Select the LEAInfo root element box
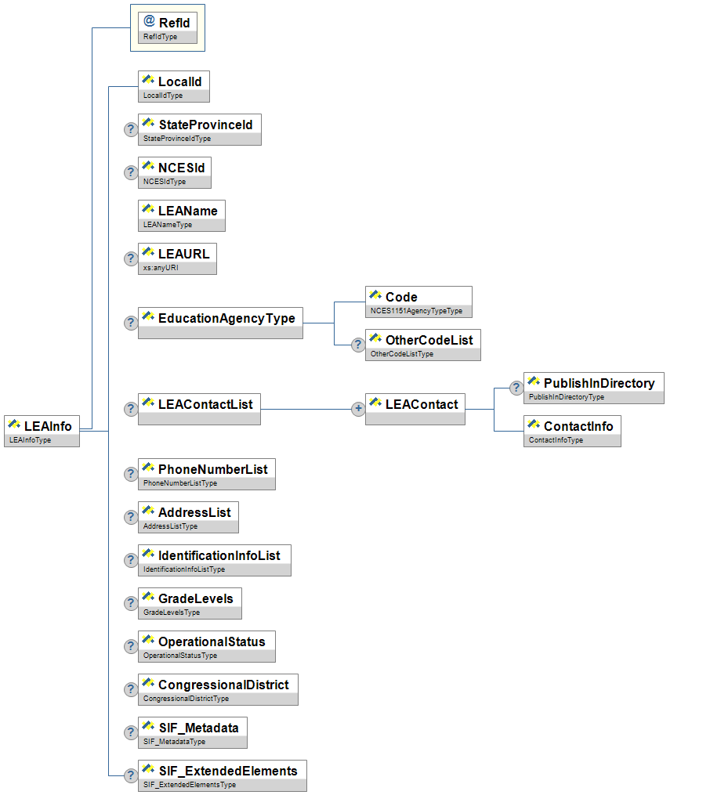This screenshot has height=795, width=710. point(42,431)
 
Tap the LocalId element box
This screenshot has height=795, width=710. point(173,86)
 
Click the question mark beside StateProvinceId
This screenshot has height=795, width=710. point(131,130)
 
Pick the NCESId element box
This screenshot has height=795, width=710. point(174,172)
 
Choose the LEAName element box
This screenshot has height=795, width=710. point(181,215)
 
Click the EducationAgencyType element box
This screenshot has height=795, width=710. point(219,322)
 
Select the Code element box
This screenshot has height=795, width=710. point(418,302)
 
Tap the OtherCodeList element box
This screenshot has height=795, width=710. point(423,345)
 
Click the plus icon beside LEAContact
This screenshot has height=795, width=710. point(358,409)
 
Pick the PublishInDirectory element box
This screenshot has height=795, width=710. point(593,388)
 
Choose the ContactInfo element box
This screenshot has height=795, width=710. point(572,431)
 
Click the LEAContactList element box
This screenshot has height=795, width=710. point(198,409)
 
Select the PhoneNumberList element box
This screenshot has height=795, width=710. point(206,474)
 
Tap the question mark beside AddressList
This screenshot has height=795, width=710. point(131,517)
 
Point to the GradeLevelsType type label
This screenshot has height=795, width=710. point(172,613)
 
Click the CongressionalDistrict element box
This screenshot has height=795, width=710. point(217,689)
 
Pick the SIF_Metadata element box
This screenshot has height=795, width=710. point(192,732)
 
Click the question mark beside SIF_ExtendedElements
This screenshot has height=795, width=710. point(131,775)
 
